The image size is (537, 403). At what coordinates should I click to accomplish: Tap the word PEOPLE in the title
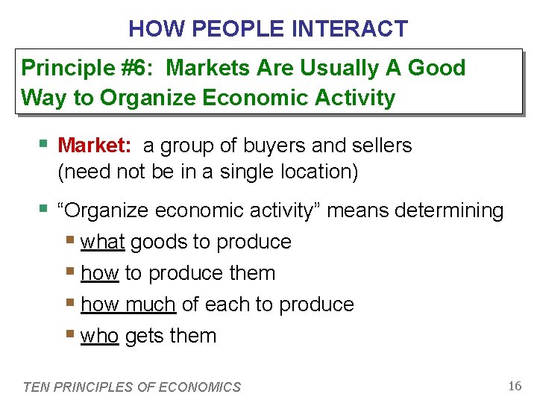pyautogui.click(x=239, y=29)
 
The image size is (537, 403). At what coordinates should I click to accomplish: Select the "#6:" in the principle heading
pyautogui.click(x=134, y=68)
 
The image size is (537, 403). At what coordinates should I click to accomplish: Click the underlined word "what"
pyautogui.click(x=102, y=242)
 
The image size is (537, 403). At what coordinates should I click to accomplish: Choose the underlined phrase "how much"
pyautogui.click(x=128, y=304)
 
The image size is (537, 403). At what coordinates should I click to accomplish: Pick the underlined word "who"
pyautogui.click(x=99, y=336)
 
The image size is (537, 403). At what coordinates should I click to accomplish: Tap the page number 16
pyautogui.click(x=514, y=385)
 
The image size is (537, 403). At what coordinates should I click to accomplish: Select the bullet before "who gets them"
pyautogui.click(x=71, y=334)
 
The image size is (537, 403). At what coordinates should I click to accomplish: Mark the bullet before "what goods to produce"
pyautogui.click(x=71, y=240)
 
